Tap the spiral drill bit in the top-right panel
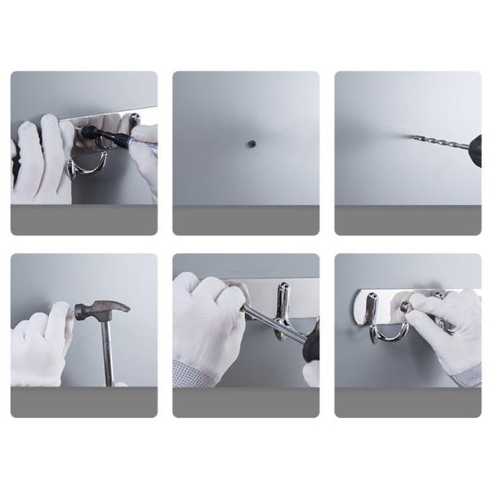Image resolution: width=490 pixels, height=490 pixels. pos(437,143)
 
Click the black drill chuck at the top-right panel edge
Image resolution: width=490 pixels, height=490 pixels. pos(475,150)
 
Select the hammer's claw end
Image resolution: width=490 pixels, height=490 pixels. pos(118,307)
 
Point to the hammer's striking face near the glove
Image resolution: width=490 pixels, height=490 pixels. pos(79,311)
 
